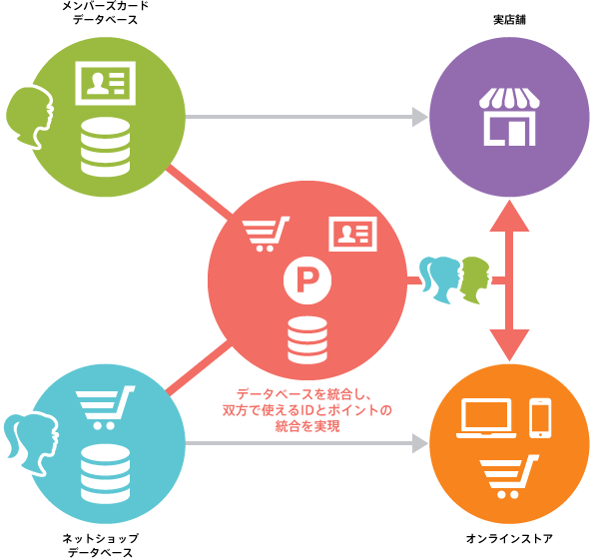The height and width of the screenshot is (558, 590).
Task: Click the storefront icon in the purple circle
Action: (x=509, y=117)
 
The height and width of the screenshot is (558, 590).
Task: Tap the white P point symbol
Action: (x=307, y=280)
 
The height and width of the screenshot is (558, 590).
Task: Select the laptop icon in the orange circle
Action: (x=486, y=418)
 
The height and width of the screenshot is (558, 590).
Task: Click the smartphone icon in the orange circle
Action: (x=540, y=418)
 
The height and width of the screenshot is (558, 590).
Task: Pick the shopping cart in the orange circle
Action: (x=508, y=476)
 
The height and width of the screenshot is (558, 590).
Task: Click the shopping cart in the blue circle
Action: (x=105, y=408)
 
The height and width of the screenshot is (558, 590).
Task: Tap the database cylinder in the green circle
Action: (x=106, y=147)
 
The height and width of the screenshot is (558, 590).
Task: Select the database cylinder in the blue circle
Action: (x=106, y=474)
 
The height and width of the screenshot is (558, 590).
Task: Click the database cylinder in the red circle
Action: (x=307, y=340)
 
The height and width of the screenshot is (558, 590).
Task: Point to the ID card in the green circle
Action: (x=106, y=83)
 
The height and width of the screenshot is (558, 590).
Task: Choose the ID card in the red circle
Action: (x=353, y=234)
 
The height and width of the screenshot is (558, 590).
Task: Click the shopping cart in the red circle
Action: (x=266, y=234)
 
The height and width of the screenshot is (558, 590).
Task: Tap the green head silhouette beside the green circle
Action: (x=30, y=118)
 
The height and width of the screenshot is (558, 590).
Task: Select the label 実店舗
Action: (x=509, y=20)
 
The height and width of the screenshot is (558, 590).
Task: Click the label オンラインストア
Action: (x=509, y=538)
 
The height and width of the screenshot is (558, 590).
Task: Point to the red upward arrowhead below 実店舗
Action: (x=509, y=216)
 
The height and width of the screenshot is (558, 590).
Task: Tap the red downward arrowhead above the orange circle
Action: (x=509, y=345)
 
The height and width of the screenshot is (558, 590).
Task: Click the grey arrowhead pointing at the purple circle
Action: (x=420, y=117)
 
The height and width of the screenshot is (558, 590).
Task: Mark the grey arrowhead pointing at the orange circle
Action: (x=420, y=443)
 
